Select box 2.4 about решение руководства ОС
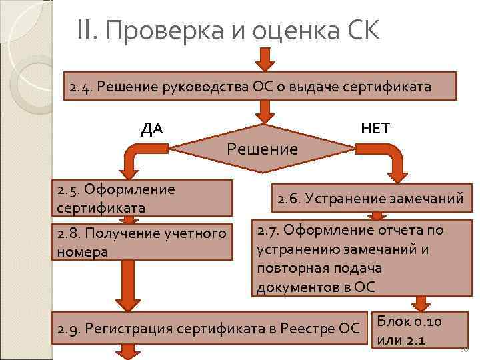coord(259,86)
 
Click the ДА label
coord(152,128)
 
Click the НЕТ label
coord(375,127)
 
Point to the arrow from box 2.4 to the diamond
coord(266,111)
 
